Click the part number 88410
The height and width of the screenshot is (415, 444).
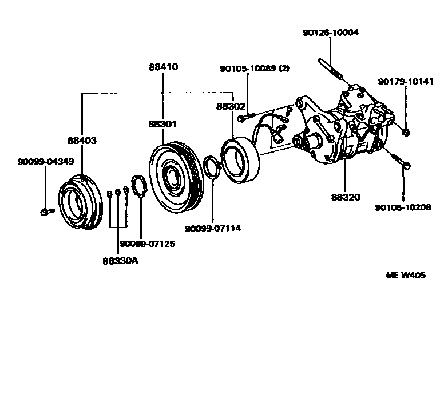(x=163, y=67)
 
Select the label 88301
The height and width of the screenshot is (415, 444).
(x=162, y=123)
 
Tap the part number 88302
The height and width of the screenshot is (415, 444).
(x=231, y=106)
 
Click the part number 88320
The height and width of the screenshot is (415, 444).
(x=345, y=197)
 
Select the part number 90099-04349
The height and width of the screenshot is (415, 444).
(x=45, y=162)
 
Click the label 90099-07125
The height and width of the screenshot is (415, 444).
(x=147, y=244)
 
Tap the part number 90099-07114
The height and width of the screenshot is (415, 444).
(x=213, y=228)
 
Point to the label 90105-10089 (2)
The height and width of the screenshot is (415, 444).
(x=255, y=69)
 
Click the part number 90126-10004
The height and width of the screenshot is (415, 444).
(x=331, y=33)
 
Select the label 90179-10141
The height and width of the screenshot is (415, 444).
(x=406, y=82)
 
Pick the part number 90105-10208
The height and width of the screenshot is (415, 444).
(x=403, y=207)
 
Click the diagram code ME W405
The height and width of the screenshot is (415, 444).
(x=406, y=275)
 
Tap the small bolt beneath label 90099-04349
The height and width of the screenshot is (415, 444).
(x=45, y=212)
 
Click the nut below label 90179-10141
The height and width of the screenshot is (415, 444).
(x=405, y=133)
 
